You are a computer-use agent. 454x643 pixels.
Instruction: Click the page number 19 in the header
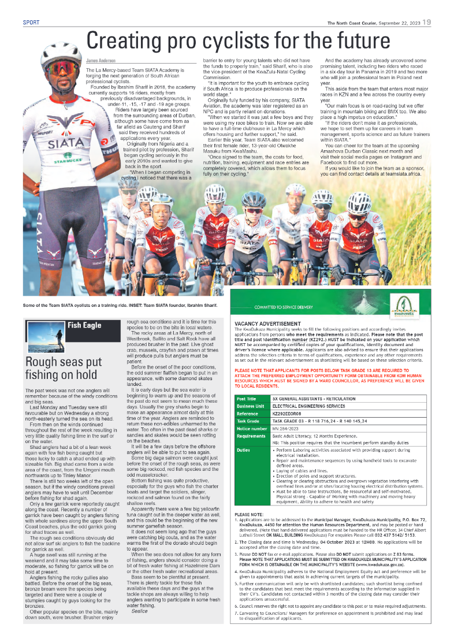(426, 23)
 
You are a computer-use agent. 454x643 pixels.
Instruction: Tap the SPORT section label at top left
(31, 23)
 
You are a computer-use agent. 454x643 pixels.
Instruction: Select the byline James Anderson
(101, 60)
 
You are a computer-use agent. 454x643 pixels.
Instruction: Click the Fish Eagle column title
(84, 325)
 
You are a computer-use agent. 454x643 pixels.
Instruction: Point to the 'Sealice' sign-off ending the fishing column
(139, 626)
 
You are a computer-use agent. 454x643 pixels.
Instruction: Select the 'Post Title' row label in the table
(247, 382)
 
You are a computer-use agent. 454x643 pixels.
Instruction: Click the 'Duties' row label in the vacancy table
(243, 433)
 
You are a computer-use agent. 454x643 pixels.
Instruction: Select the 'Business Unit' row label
(250, 390)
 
